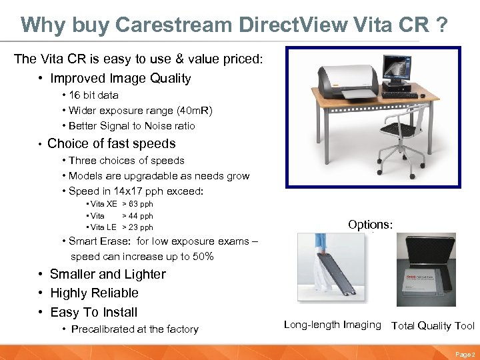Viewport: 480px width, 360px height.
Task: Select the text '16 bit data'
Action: (x=93, y=95)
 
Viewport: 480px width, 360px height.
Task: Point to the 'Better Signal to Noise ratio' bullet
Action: (x=131, y=125)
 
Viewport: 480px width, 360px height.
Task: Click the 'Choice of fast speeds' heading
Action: (x=111, y=143)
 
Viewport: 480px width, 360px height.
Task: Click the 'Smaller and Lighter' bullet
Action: (x=107, y=274)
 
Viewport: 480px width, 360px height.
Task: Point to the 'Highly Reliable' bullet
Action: (x=94, y=293)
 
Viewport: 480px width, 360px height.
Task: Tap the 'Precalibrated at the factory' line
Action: (x=135, y=329)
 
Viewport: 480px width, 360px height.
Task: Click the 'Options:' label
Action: (x=371, y=225)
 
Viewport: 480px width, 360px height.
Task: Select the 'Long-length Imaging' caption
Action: (x=332, y=325)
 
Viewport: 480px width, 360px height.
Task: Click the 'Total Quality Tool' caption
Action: (x=433, y=325)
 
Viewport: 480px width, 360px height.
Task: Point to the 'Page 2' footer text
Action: (x=465, y=353)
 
